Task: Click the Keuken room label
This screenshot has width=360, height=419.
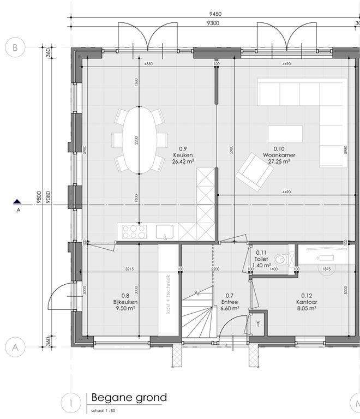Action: (x=183, y=155)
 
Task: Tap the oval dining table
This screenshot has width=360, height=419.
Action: (x=137, y=140)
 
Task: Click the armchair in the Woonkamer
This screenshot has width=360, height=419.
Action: (x=254, y=172)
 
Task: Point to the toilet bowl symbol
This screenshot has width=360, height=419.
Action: (x=281, y=259)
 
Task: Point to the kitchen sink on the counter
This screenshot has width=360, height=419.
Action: (x=165, y=232)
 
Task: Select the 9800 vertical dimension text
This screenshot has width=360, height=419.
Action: (x=38, y=197)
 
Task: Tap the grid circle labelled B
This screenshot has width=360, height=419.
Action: (x=15, y=47)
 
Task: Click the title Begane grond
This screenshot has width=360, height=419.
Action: (x=129, y=397)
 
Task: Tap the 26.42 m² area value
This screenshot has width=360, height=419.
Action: (x=183, y=161)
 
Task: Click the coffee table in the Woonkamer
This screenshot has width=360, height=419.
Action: (x=285, y=134)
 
